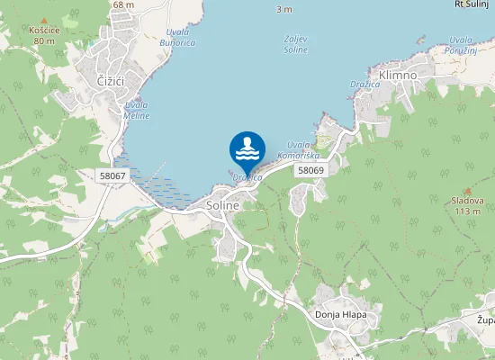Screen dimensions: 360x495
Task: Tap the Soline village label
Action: coord(223,205)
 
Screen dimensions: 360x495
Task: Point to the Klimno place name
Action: coord(398,75)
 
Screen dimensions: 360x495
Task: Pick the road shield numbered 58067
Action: coord(112,175)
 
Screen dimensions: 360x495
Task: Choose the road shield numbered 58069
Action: coord(310,169)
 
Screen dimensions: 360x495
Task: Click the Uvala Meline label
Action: coord(137,111)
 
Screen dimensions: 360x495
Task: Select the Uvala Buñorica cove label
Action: coord(176,38)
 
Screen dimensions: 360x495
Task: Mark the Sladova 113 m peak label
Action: coord(467,206)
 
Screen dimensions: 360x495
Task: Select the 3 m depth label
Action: coord(284,9)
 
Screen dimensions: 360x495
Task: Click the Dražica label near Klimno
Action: coord(364,83)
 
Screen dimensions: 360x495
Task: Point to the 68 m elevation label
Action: coord(123,4)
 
